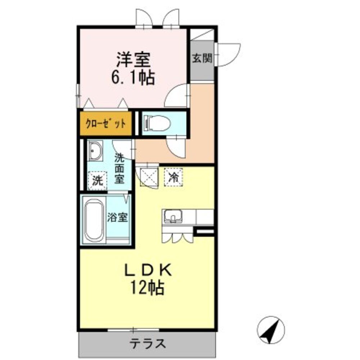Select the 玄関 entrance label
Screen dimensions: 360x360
pyautogui.click(x=202, y=58)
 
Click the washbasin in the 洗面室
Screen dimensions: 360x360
pyautogui.click(x=95, y=151)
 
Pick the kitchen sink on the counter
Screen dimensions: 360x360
pyautogui.click(x=173, y=217)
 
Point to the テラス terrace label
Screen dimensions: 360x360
pyautogui.click(x=148, y=343)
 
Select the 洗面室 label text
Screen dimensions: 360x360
pyautogui.click(x=120, y=168)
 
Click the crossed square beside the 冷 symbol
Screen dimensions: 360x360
pyautogui.click(x=148, y=177)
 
